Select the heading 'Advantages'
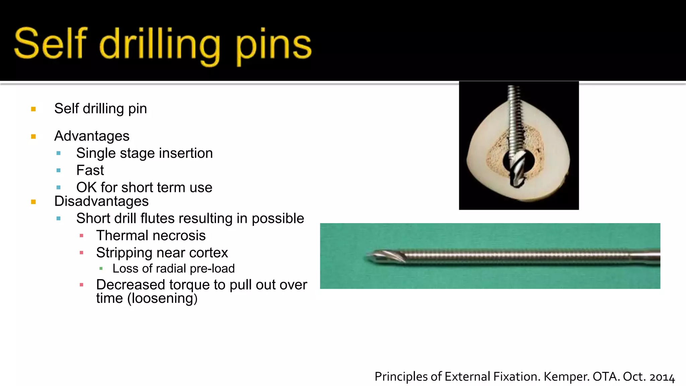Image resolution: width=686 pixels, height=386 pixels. (92, 136)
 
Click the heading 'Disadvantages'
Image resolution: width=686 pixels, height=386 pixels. (101, 201)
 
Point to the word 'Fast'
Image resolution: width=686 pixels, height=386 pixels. (90, 170)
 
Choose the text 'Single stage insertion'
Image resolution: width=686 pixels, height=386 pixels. (144, 153)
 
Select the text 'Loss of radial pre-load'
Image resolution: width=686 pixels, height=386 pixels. (174, 268)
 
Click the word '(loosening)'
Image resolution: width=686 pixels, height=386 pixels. (162, 298)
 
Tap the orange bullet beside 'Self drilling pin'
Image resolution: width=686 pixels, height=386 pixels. (33, 109)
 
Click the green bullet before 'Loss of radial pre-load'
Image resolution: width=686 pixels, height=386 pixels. (101, 268)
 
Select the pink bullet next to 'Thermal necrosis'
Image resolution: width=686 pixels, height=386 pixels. (81, 236)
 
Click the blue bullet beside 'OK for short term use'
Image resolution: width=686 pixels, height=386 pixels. (59, 188)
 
